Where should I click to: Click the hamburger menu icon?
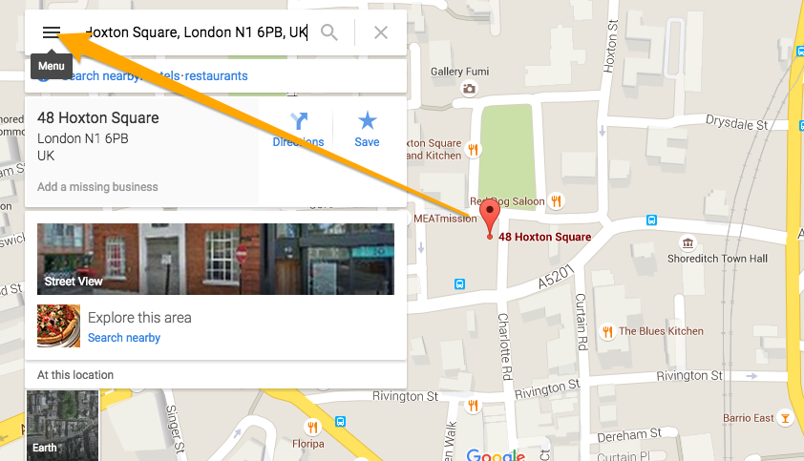pos(52,32)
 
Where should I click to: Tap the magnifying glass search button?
pos(329,32)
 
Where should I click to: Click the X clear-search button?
pos(381,32)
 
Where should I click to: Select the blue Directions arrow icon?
pos(299,121)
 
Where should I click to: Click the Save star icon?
pos(367,121)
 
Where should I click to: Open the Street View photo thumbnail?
pos(215,259)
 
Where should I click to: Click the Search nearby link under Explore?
pos(124,338)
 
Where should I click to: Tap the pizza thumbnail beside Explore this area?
pos(58,325)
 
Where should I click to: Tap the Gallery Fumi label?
pos(459,72)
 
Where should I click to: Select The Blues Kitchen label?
pos(661,331)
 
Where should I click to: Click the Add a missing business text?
pos(97,187)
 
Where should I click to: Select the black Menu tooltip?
pos(52,66)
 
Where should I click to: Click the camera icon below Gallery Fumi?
pos(469,89)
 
